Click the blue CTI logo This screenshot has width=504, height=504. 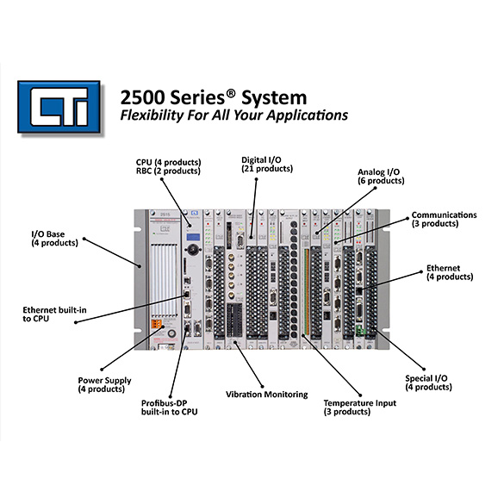[59, 107]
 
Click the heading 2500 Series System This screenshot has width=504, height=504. [214, 97]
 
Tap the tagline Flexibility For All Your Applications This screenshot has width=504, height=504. [233, 115]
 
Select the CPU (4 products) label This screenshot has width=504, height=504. [168, 162]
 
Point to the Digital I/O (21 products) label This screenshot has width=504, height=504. [267, 165]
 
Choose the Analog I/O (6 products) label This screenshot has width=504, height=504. [381, 176]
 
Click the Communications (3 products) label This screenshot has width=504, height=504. [445, 219]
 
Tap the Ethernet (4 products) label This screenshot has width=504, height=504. [450, 272]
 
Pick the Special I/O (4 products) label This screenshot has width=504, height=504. [428, 383]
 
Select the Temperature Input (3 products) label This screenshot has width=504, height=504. [359, 408]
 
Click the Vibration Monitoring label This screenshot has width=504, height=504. [267, 395]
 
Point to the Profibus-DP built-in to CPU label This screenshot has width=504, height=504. [170, 408]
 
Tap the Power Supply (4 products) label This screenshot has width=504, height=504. [104, 384]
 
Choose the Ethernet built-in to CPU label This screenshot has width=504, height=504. [54, 314]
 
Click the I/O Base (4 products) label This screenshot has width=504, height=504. [54, 238]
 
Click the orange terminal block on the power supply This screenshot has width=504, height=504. [157, 324]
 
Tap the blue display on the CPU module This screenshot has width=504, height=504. [193, 238]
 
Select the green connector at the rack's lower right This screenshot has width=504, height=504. [361, 331]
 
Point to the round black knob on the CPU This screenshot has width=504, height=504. [194, 249]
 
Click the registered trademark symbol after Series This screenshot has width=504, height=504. [231, 93]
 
